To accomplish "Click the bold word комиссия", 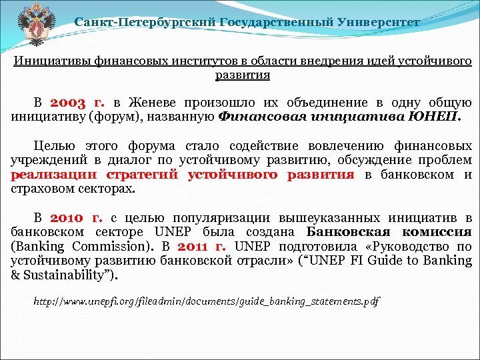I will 441,232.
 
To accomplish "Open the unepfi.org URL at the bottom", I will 207,302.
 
